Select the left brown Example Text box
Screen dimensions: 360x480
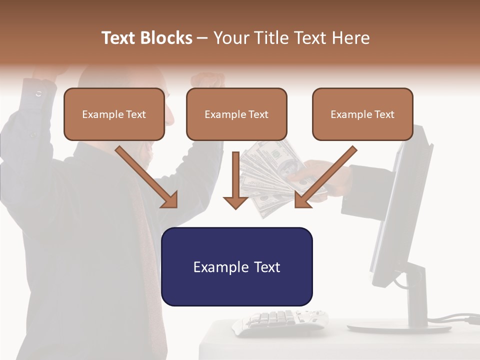point(114,114)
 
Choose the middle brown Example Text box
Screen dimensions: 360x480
point(236,114)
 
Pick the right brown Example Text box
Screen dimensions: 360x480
point(362,114)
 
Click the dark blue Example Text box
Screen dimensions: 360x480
point(237,266)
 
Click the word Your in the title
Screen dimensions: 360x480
point(231,38)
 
